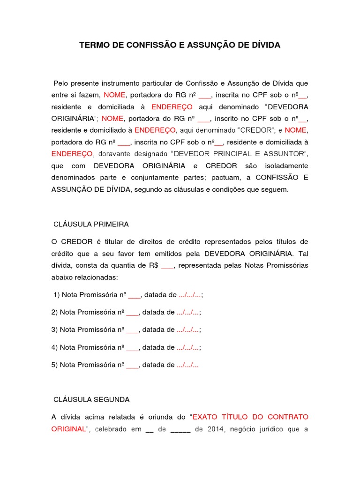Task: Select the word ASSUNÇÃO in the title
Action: click(209, 45)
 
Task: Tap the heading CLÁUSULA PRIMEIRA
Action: click(91, 225)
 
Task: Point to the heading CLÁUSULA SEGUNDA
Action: click(92, 400)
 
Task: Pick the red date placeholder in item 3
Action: click(187, 330)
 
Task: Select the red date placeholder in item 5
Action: click(187, 365)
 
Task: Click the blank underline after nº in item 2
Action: click(133, 312)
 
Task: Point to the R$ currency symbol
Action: click(153, 266)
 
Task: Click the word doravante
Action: click(113, 154)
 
